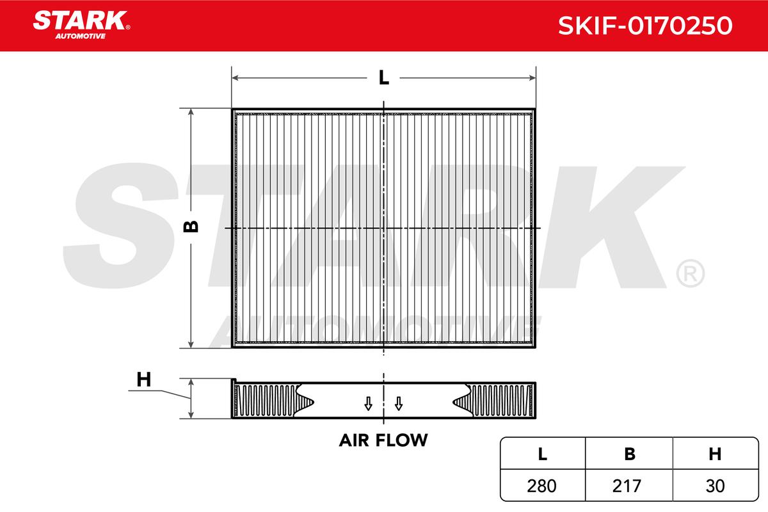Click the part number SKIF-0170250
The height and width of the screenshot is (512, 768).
[645, 26]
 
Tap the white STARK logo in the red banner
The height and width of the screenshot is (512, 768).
[81, 20]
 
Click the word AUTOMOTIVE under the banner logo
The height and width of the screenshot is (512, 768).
[81, 36]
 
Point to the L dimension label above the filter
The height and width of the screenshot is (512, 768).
[383, 77]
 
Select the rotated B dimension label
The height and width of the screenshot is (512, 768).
[191, 227]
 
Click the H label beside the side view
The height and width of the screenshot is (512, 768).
[143, 380]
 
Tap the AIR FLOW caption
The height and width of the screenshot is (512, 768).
[383, 440]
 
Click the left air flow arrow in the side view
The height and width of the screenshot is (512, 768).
[368, 404]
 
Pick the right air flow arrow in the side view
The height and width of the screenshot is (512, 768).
[398, 404]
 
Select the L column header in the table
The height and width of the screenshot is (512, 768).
[543, 454]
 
